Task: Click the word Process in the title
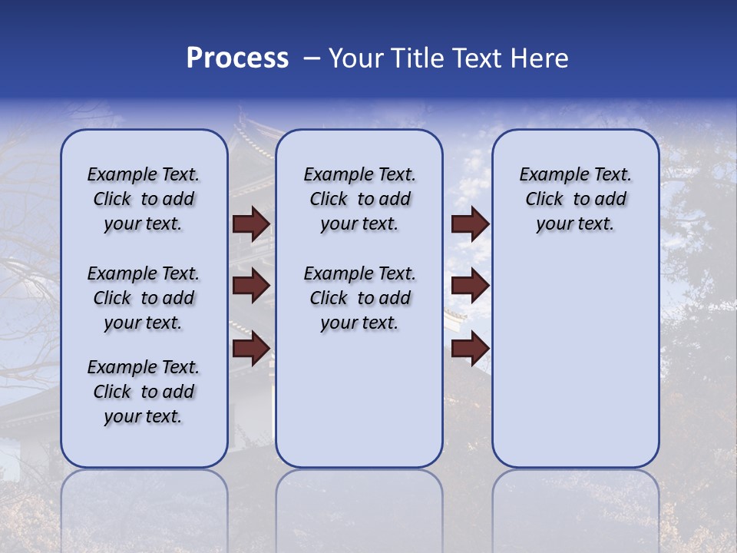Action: tap(237, 58)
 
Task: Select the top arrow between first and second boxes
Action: tap(251, 224)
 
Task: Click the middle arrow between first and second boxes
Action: tap(251, 286)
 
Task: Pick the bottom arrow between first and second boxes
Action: tap(251, 348)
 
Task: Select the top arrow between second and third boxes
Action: tap(470, 224)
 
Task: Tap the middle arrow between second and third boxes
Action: tap(470, 286)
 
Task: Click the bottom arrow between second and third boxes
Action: tap(470, 348)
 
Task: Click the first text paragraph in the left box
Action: tap(144, 199)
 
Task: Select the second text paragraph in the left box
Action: tap(144, 298)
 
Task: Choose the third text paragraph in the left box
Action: tap(144, 392)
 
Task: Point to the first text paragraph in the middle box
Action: tap(359, 199)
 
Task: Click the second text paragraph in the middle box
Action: tap(359, 298)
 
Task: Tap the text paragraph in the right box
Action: tap(575, 199)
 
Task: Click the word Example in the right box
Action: tap(551, 175)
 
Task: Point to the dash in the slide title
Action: tap(312, 58)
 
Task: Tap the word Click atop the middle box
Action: tap(329, 200)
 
